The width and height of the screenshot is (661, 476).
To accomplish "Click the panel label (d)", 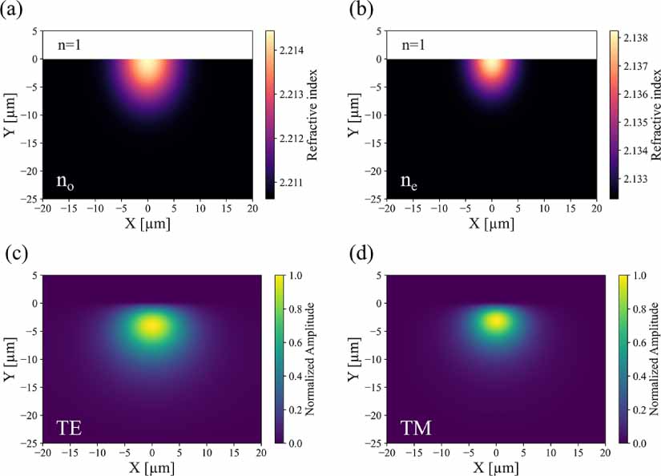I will pyautogui.click(x=360, y=256).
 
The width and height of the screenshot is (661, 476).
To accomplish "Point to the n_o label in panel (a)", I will pyautogui.click(x=66, y=181).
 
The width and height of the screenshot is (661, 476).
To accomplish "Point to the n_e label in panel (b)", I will pyautogui.click(x=410, y=181).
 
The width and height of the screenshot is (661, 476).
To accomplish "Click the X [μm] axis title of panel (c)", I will pyautogui.click(x=151, y=467).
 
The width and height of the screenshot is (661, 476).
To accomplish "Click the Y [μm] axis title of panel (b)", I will pyautogui.click(x=354, y=114).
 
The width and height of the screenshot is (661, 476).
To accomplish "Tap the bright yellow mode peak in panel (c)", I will pyautogui.click(x=152, y=325).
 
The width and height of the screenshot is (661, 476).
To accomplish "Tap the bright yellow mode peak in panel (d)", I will pyautogui.click(x=497, y=321).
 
